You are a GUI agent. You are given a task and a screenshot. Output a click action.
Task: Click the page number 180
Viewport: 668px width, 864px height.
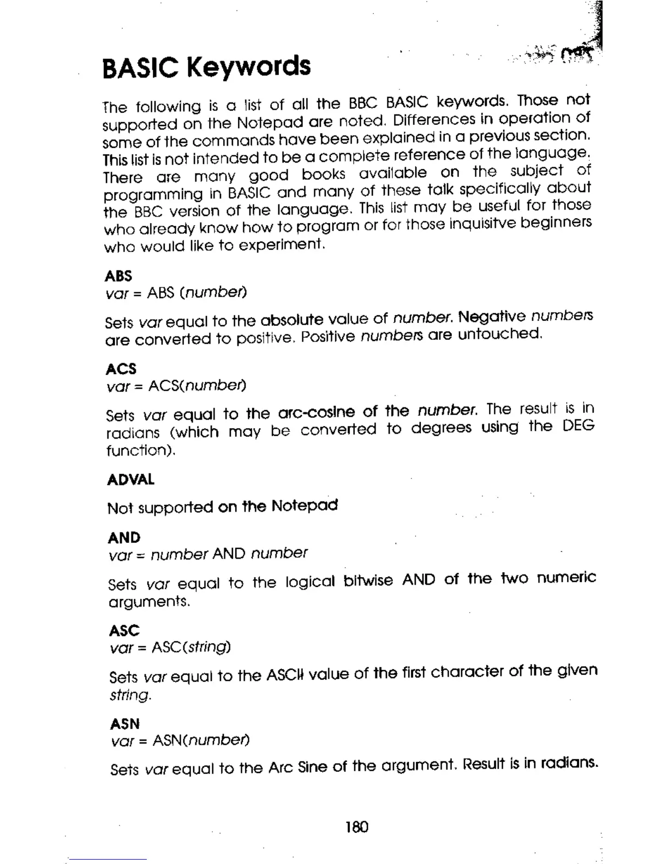pyautogui.click(x=357, y=827)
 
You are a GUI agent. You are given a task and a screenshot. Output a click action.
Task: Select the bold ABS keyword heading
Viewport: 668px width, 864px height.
pyautogui.click(x=118, y=275)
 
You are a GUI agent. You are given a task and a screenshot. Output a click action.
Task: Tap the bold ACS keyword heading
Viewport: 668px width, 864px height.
pyautogui.click(x=121, y=369)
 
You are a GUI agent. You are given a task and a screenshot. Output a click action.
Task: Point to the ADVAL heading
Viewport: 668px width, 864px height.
pyautogui.click(x=131, y=480)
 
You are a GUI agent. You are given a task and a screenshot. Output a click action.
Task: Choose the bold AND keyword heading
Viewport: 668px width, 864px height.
pyautogui.click(x=124, y=538)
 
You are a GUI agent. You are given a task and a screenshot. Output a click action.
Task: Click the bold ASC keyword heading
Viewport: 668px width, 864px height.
pyautogui.click(x=124, y=631)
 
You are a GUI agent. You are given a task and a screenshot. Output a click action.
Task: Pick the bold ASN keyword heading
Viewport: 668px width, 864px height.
pyautogui.click(x=125, y=724)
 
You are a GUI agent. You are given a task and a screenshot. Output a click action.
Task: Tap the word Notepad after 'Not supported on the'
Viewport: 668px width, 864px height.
pyautogui.click(x=305, y=506)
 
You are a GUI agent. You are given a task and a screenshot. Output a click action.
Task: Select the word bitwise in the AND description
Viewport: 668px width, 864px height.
pyautogui.click(x=368, y=580)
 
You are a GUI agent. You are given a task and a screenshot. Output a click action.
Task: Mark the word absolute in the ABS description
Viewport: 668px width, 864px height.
pyautogui.click(x=292, y=319)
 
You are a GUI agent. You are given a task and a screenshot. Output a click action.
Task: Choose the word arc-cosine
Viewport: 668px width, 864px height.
pyautogui.click(x=316, y=412)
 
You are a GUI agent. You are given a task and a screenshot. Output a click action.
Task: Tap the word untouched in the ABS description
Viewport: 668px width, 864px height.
pyautogui.click(x=499, y=334)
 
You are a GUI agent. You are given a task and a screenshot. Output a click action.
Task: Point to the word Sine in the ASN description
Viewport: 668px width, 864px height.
pyautogui.click(x=313, y=767)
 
